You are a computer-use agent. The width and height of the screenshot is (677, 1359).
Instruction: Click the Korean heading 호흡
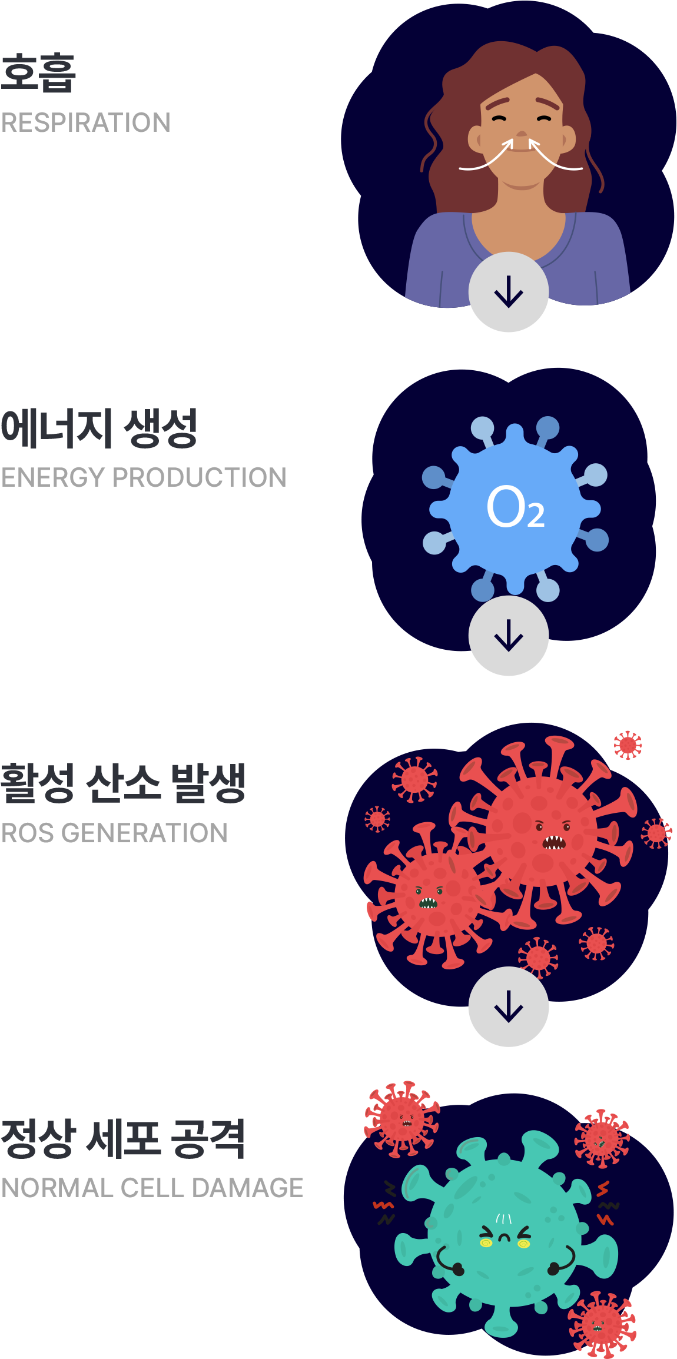click(39, 73)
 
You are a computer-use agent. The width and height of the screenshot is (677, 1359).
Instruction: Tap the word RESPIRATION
click(86, 123)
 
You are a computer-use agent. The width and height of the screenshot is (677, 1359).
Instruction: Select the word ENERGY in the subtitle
click(53, 477)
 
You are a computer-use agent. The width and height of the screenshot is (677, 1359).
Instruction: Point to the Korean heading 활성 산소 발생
click(122, 783)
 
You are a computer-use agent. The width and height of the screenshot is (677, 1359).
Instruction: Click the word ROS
click(27, 833)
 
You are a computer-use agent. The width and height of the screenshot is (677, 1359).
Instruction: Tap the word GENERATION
click(144, 833)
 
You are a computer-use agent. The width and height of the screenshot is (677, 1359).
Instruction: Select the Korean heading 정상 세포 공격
click(122, 1139)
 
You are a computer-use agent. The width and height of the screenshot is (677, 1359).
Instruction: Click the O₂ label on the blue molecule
click(515, 507)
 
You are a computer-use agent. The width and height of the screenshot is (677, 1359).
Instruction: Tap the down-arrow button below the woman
click(509, 293)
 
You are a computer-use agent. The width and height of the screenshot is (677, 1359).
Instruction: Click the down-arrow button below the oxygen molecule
click(509, 636)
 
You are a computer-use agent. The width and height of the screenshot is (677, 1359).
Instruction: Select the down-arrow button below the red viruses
click(509, 1006)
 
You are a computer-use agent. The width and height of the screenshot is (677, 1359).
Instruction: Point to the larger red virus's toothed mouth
click(553, 843)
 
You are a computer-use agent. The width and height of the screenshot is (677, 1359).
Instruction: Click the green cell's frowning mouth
click(505, 1238)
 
